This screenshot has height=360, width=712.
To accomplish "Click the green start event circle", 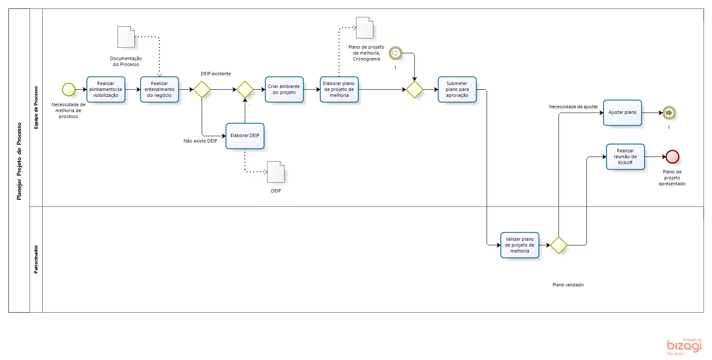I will coord(68,90).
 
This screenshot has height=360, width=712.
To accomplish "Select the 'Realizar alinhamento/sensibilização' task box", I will coord(106,90).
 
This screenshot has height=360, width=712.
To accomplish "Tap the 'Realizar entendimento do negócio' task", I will coord(159,90).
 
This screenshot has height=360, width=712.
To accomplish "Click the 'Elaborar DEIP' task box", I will coord(245,136).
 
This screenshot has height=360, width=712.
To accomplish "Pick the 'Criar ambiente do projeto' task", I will coord(284,90).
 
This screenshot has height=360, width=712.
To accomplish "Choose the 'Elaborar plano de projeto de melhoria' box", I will coord(339,90).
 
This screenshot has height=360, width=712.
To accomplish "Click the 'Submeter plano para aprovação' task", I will coord(457,90).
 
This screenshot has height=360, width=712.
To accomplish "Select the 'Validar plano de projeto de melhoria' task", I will coord(520,245).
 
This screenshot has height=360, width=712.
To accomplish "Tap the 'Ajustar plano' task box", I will coord(622,113).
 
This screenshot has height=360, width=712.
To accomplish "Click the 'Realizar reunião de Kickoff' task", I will coord(625,157).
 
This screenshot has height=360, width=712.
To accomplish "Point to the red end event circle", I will coord(672,157).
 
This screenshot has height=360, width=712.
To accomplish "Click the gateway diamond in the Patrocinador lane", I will coord(559,245).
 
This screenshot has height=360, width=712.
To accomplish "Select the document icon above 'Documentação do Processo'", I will coord(126,37).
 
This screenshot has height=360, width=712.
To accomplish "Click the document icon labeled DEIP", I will coord(276,172).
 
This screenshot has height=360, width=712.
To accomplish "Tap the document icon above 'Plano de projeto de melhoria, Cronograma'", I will coord(364,28).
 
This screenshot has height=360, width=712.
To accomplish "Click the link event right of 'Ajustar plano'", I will coord(669,113).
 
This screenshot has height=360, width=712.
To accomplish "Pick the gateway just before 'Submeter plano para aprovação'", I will coord(414,90).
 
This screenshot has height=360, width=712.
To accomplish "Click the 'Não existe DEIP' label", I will coord(200,141).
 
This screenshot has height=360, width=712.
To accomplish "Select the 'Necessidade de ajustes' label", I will coord(573,107).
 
